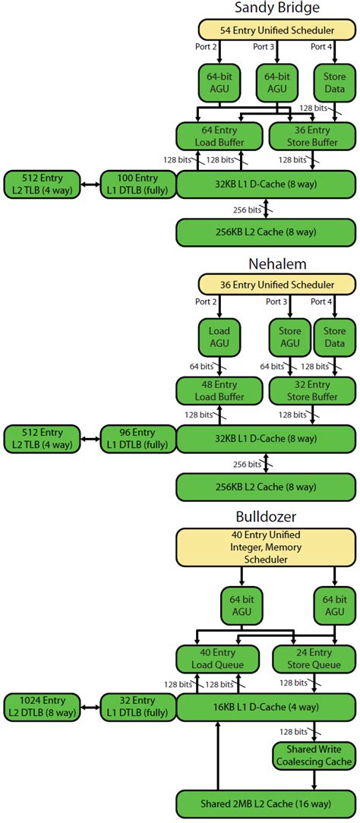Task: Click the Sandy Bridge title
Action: (276, 8)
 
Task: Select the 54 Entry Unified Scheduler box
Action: (276, 30)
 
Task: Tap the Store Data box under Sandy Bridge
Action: (334, 83)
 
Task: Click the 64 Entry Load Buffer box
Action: (219, 136)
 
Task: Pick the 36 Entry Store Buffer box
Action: (312, 136)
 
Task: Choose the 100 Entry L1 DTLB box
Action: (137, 184)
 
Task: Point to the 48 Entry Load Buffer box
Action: (219, 391)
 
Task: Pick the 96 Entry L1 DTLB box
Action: (137, 439)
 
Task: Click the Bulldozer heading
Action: (276, 518)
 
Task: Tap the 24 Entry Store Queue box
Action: (312, 658)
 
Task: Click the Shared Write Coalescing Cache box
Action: (312, 755)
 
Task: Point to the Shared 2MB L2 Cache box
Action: (266, 804)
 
